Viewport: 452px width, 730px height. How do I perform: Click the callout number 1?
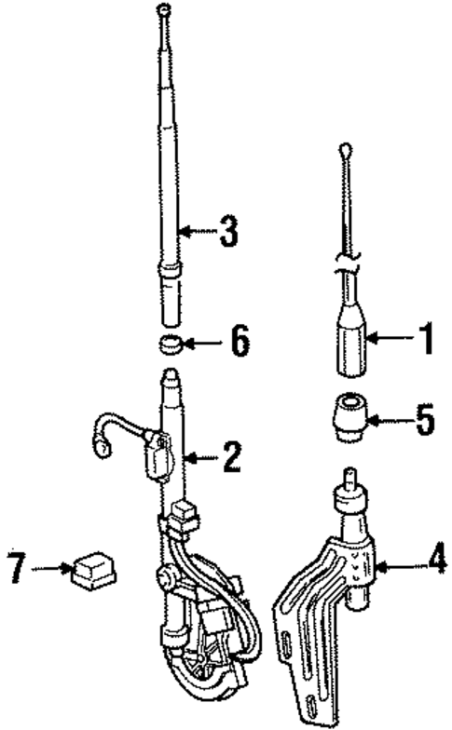[427, 341]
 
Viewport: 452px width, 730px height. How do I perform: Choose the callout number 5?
[425, 421]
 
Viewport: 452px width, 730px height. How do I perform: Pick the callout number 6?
[240, 344]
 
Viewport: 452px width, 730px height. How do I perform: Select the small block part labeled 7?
[91, 567]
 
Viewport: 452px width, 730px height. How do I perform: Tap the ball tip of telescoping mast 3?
[164, 9]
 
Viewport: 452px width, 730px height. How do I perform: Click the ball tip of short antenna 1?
[347, 148]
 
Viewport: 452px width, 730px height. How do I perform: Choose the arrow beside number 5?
[389, 422]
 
